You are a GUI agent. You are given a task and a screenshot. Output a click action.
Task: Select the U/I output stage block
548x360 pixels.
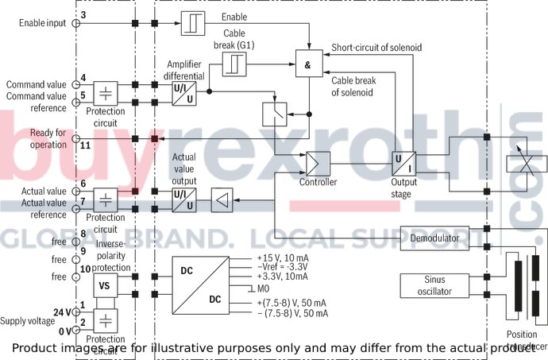coord(404,164)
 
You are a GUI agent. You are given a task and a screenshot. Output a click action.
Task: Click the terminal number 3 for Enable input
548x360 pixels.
coord(83,15)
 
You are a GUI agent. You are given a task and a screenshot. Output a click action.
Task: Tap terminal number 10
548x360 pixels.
coord(84,269)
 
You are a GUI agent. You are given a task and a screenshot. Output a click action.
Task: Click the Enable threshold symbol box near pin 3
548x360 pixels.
coord(194,23)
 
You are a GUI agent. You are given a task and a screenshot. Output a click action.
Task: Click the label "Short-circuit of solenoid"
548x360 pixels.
coord(376,48)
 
